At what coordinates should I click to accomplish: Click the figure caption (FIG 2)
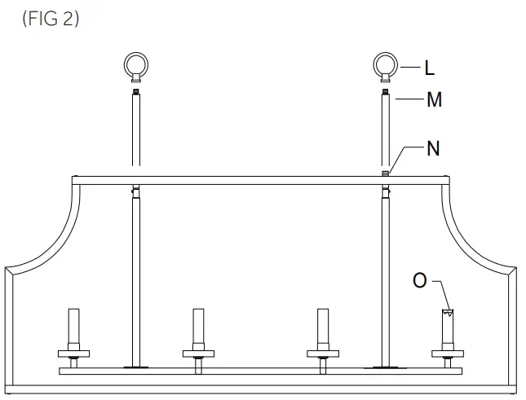point(51,20)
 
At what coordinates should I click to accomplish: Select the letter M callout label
point(434,100)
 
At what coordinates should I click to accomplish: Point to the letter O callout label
point(420,280)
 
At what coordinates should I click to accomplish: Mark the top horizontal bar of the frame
point(261,179)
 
